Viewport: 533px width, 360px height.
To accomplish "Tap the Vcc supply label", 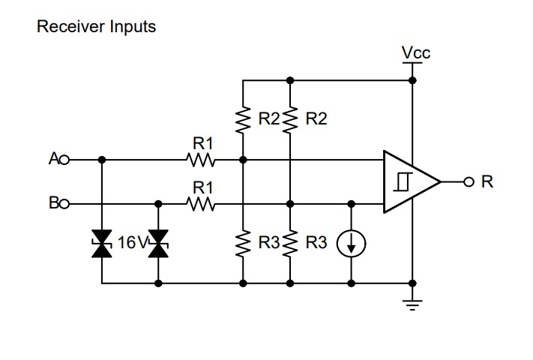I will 416,52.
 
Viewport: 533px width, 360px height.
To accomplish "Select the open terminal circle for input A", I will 64,160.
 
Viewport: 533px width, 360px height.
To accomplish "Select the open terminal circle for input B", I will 64,203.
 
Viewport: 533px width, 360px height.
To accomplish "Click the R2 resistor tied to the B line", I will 289,119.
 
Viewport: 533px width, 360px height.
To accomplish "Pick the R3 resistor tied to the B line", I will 289,244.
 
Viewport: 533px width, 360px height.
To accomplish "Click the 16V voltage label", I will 132,243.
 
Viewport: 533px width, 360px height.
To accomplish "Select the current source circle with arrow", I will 351,244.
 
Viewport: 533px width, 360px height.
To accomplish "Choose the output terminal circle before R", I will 469,181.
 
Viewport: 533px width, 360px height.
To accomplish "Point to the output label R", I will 487,181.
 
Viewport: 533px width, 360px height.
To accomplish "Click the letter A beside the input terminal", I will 53,159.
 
